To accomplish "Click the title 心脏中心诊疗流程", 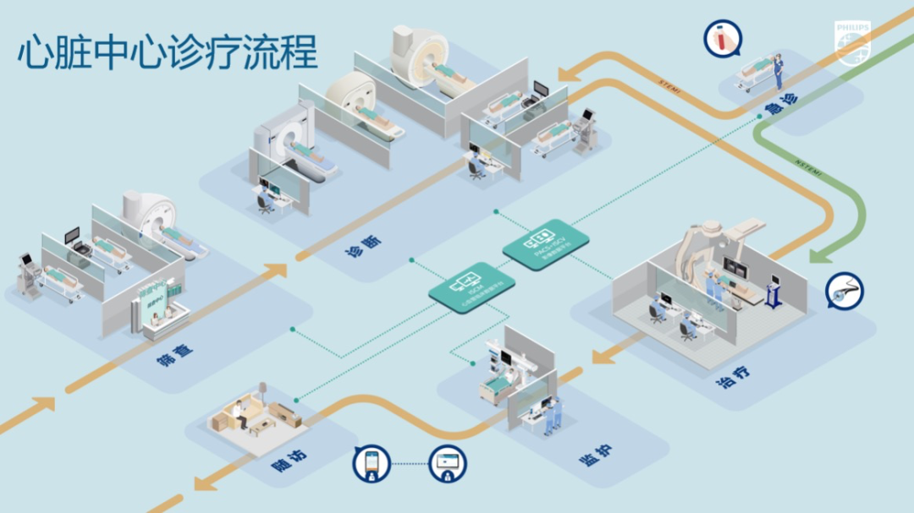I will (x=168, y=52).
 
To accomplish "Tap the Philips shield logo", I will (x=851, y=42).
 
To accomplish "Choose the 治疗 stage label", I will (x=733, y=377).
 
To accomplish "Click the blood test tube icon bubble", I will (x=722, y=39).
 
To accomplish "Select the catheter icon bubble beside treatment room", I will (x=844, y=290).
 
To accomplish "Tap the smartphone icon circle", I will (x=372, y=463).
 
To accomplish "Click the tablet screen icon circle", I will (x=447, y=463).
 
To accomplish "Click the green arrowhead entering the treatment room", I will (x=818, y=254).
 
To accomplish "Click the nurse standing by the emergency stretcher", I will (x=777, y=68).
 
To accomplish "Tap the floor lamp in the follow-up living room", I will (x=263, y=392).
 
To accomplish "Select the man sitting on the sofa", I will (x=243, y=412).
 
